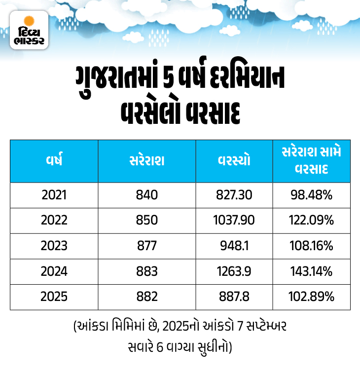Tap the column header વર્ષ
(54, 161)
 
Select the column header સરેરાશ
(147, 161)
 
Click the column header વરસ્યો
(234, 161)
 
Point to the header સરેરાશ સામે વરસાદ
(311, 161)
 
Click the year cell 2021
(54, 195)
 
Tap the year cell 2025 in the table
(54, 297)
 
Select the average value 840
(147, 195)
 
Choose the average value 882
(147, 297)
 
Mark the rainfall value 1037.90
(234, 221)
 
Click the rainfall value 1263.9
(234, 271)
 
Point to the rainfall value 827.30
(234, 195)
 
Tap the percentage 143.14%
(311, 271)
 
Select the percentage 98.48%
(311, 195)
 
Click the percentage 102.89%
(311, 297)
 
